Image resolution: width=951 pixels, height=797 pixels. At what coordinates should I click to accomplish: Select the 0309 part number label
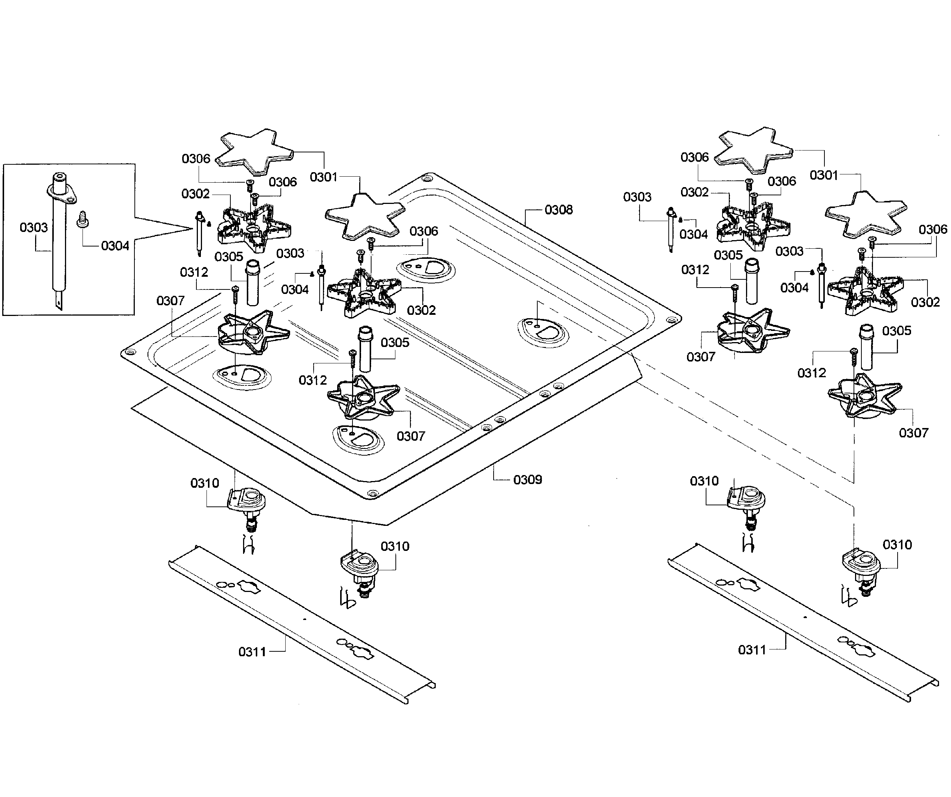tap(528, 480)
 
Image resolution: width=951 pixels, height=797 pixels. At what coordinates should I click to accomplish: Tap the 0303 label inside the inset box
tap(34, 227)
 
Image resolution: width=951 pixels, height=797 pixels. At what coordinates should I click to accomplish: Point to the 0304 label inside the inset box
tap(115, 246)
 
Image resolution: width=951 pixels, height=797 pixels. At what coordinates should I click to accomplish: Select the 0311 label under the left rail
tap(252, 652)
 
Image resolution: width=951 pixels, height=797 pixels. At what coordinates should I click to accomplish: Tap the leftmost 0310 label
tap(205, 483)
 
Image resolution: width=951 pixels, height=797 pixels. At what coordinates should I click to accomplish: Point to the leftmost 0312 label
tap(194, 272)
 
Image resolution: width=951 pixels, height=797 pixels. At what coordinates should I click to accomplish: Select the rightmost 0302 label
tap(925, 302)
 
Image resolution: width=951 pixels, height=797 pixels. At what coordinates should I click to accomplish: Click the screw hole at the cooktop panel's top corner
tap(425, 179)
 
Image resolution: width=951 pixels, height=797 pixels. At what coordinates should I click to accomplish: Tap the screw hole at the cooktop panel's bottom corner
tap(372, 493)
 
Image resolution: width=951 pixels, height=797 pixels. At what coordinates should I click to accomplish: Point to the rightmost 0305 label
tap(896, 331)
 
